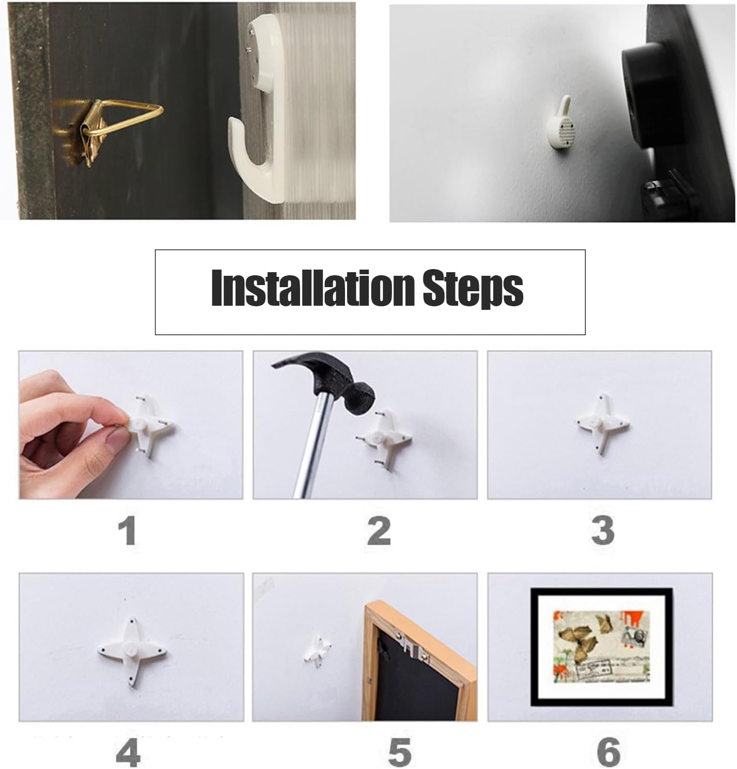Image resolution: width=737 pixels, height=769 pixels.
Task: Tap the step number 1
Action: point(128,531)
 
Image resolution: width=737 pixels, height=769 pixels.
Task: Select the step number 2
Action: point(379,531)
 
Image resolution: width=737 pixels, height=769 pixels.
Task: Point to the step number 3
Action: point(603,531)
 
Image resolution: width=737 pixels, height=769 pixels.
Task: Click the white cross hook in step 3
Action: point(601,423)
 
